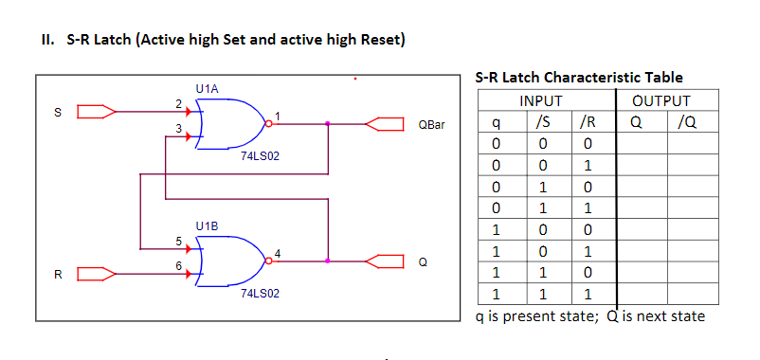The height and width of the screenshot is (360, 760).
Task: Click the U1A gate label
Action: (207, 88)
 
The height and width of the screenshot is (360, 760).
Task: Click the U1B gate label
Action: (207, 226)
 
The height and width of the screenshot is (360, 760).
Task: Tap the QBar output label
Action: (430, 124)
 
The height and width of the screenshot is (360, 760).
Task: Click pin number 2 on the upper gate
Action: (178, 102)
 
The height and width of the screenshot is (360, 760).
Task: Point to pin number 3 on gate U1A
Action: (178, 128)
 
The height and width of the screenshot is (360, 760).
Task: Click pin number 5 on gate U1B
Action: (178, 240)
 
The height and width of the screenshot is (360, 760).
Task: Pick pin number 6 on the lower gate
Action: (178, 265)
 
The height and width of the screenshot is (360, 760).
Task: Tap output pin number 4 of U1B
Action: (277, 252)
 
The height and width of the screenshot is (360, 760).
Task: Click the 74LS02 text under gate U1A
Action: (261, 154)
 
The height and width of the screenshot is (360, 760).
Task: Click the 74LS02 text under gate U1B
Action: (261, 294)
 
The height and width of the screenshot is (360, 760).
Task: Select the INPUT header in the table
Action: (541, 100)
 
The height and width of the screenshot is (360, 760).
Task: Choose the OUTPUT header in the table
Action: (661, 100)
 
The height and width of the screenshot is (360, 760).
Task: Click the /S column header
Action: (541, 122)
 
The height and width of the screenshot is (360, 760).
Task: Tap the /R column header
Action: (587, 122)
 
